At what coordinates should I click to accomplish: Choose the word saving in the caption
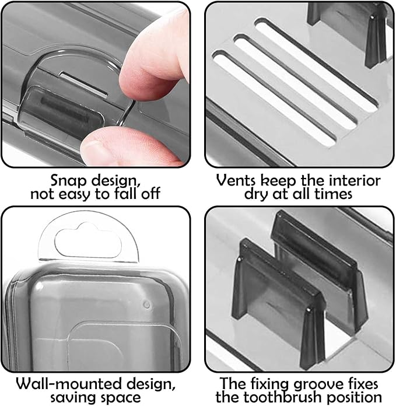pos(73,398)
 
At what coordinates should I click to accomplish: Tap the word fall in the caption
pos(121,194)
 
